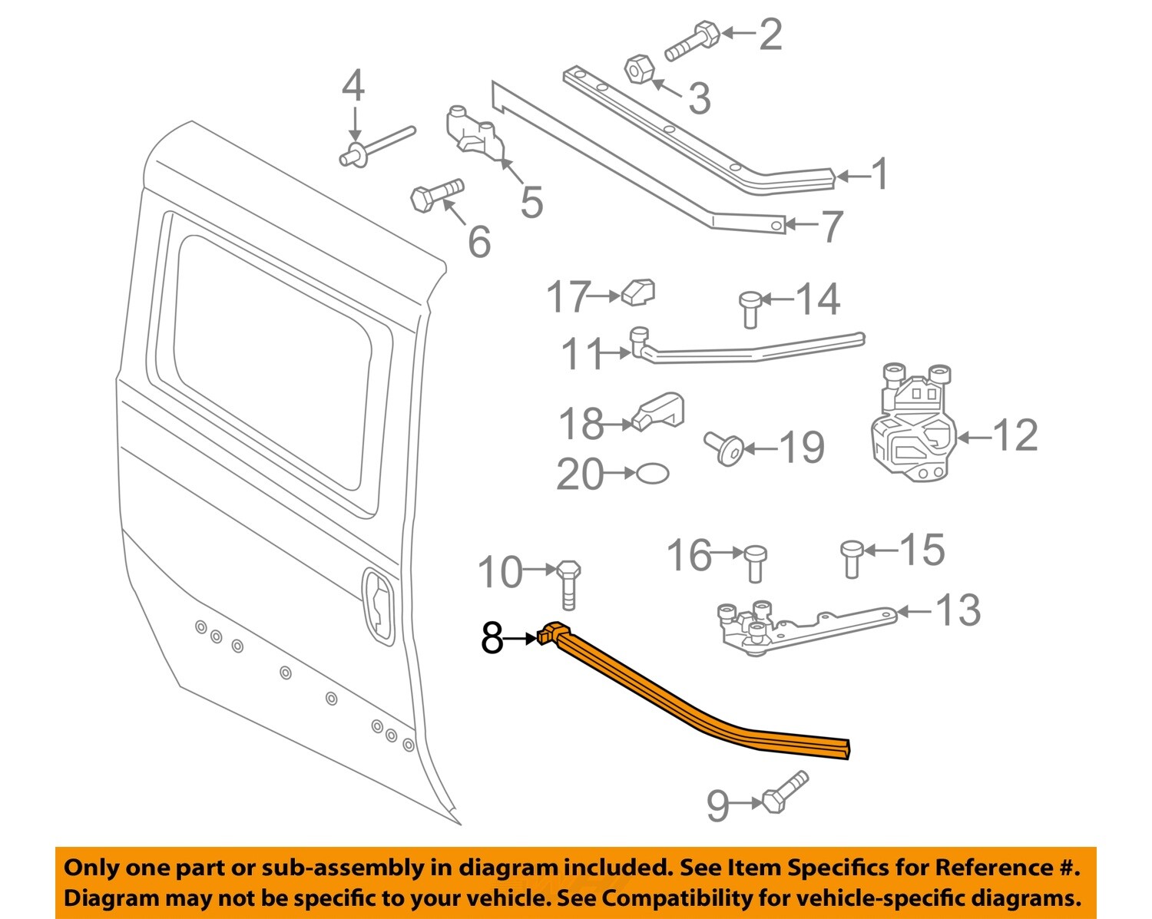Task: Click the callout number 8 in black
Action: (492, 637)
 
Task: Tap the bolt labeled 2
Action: (692, 41)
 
